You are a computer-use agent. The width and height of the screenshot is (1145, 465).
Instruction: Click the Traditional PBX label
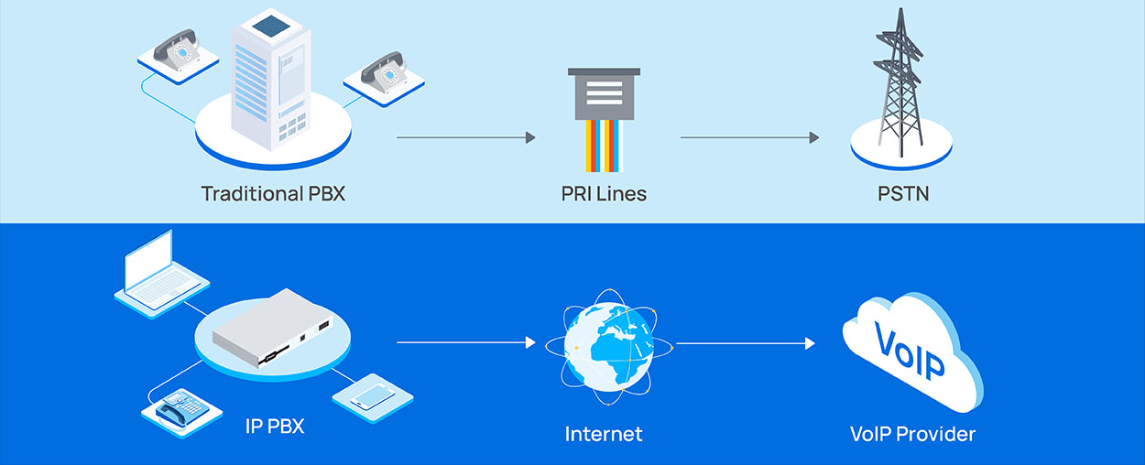click(x=273, y=194)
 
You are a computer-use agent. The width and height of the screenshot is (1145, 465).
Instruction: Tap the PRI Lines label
click(x=604, y=194)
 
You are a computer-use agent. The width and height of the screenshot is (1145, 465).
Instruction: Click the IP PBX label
click(x=275, y=426)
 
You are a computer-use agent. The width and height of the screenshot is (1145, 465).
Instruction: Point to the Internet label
click(x=604, y=434)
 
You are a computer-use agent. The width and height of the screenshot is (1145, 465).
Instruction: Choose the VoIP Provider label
click(x=912, y=434)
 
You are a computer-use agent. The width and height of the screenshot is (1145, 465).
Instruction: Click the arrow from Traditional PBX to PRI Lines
click(x=465, y=138)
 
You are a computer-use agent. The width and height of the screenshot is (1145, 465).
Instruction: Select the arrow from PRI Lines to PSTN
click(x=749, y=138)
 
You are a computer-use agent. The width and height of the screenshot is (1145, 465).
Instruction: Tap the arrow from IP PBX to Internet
click(x=465, y=343)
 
